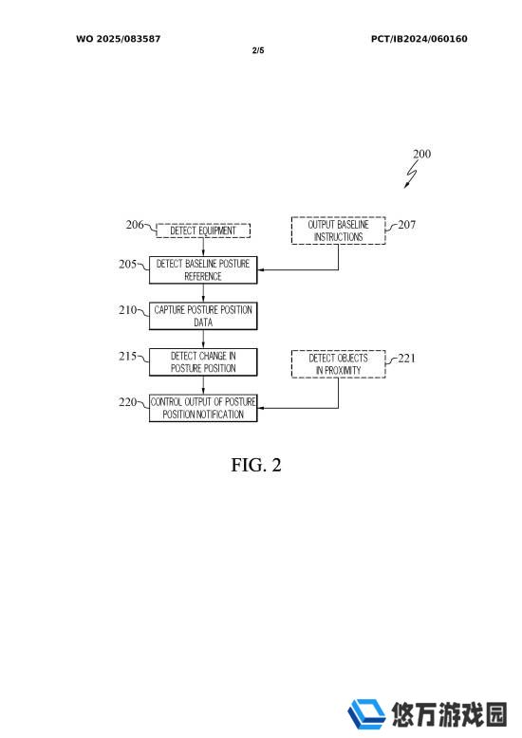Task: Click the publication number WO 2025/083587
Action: pos(119,39)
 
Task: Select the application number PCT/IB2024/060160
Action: pos(419,39)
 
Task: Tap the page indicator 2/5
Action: pos(258,50)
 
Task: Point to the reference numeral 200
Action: pos(421,154)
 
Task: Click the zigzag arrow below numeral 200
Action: pos(411,175)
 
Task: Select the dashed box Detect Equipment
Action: pos(203,231)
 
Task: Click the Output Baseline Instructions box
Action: pos(338,231)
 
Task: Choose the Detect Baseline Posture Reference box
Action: pos(203,270)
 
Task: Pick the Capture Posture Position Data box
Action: pos(203,316)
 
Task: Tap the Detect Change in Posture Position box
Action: pos(203,362)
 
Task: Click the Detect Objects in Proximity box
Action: pos(338,364)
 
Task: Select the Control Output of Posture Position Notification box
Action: pos(203,408)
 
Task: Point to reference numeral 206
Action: pos(134,225)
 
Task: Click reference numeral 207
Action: pos(406,225)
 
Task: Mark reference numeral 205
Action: pos(128,264)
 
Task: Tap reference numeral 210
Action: pos(128,309)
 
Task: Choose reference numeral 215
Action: pos(128,356)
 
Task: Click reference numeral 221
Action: pos(406,359)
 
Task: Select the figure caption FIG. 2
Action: pos(256,465)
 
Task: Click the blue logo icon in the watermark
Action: pos(366,714)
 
